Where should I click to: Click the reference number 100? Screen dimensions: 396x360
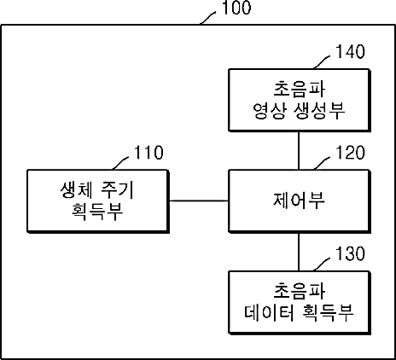click(x=236, y=8)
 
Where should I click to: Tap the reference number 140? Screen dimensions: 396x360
click(x=350, y=52)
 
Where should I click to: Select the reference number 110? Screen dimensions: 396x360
click(x=148, y=153)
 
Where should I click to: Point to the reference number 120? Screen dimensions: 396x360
click(x=350, y=153)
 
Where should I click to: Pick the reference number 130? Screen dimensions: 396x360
click(x=350, y=253)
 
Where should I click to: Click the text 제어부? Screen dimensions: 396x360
click(x=299, y=200)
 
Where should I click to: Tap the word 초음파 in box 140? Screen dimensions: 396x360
click(x=299, y=89)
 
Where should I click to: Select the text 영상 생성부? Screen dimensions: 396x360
click(x=299, y=111)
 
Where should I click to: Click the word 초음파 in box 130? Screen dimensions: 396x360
click(x=299, y=291)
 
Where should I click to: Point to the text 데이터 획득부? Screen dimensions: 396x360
click(x=299, y=312)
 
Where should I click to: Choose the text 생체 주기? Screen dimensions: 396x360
click(x=96, y=189)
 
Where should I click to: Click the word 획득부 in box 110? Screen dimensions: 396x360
click(x=96, y=212)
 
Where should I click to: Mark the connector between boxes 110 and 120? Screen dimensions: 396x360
click(x=199, y=201)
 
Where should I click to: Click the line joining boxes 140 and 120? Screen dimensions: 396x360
click(x=299, y=150)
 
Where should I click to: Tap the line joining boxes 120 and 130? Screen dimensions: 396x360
click(x=299, y=252)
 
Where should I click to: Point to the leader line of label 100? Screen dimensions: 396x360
click(x=208, y=18)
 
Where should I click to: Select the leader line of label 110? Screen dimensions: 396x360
click(x=121, y=163)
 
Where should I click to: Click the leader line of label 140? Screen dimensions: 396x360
click(x=322, y=61)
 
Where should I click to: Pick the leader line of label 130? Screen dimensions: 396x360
click(x=322, y=264)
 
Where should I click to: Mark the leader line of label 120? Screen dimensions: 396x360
click(x=322, y=163)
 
